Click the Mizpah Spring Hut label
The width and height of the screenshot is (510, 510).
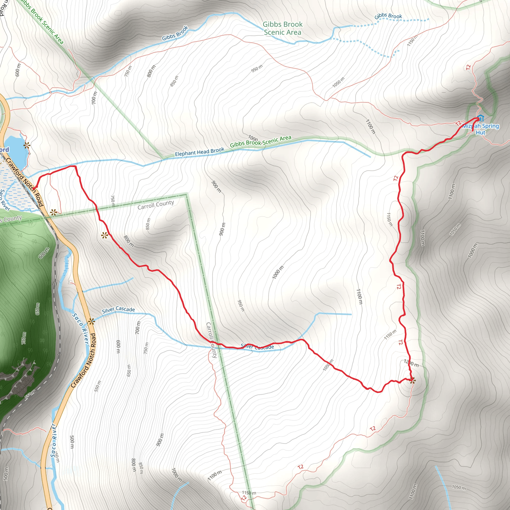click(x=480, y=129)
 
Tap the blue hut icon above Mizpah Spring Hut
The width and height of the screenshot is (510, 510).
click(x=481, y=118)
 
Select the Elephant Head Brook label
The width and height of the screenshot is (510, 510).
click(x=199, y=152)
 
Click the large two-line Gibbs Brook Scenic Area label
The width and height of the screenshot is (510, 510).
click(x=282, y=28)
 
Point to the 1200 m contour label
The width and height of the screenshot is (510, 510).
click(x=411, y=364)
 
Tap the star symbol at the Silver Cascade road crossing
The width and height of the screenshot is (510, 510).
click(x=91, y=321)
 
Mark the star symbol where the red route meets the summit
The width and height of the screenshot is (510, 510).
click(x=413, y=381)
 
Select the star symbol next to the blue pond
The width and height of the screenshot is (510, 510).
click(x=27, y=145)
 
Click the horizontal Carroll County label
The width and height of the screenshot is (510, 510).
click(x=156, y=205)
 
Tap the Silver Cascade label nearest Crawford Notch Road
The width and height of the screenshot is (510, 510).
click(x=119, y=310)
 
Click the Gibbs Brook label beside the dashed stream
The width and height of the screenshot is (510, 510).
click(x=388, y=16)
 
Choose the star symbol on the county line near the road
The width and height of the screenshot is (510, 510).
click(x=54, y=212)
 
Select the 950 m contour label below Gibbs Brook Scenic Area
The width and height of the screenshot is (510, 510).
click(x=257, y=68)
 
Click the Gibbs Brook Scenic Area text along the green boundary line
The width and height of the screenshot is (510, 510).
click(x=260, y=141)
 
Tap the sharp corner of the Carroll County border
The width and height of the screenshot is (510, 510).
click(x=186, y=195)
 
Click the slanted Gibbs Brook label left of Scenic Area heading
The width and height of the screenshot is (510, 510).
click(x=175, y=33)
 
